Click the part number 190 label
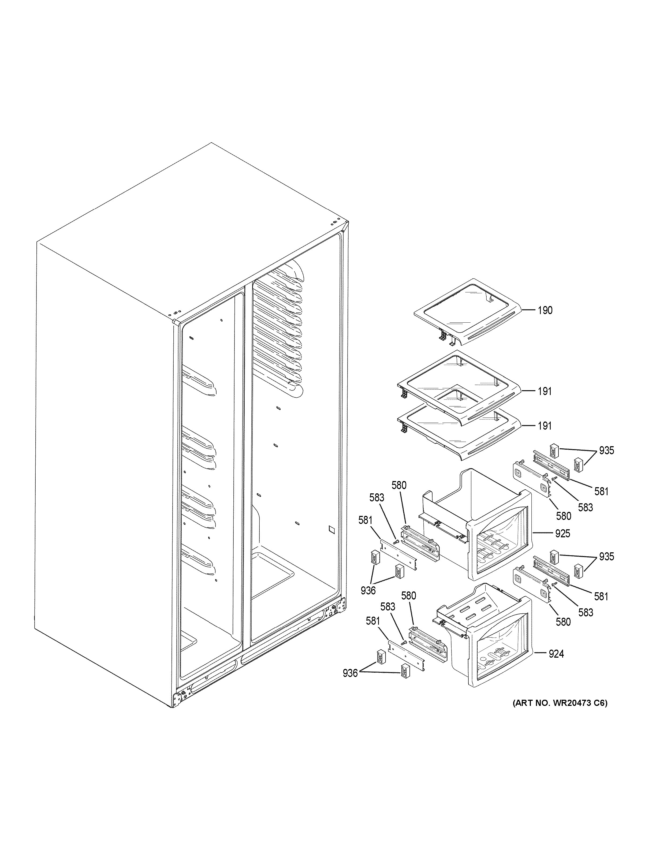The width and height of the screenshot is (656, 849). pyautogui.click(x=545, y=310)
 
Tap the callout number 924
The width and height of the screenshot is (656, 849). pyautogui.click(x=556, y=654)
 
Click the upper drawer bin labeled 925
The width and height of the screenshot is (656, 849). pyautogui.click(x=478, y=525)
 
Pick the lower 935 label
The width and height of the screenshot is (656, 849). pyautogui.click(x=606, y=557)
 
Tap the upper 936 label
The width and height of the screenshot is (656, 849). pyautogui.click(x=368, y=590)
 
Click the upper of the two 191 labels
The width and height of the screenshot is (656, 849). pyautogui.click(x=545, y=392)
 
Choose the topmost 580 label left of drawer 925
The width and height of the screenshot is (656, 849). pyautogui.click(x=399, y=485)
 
